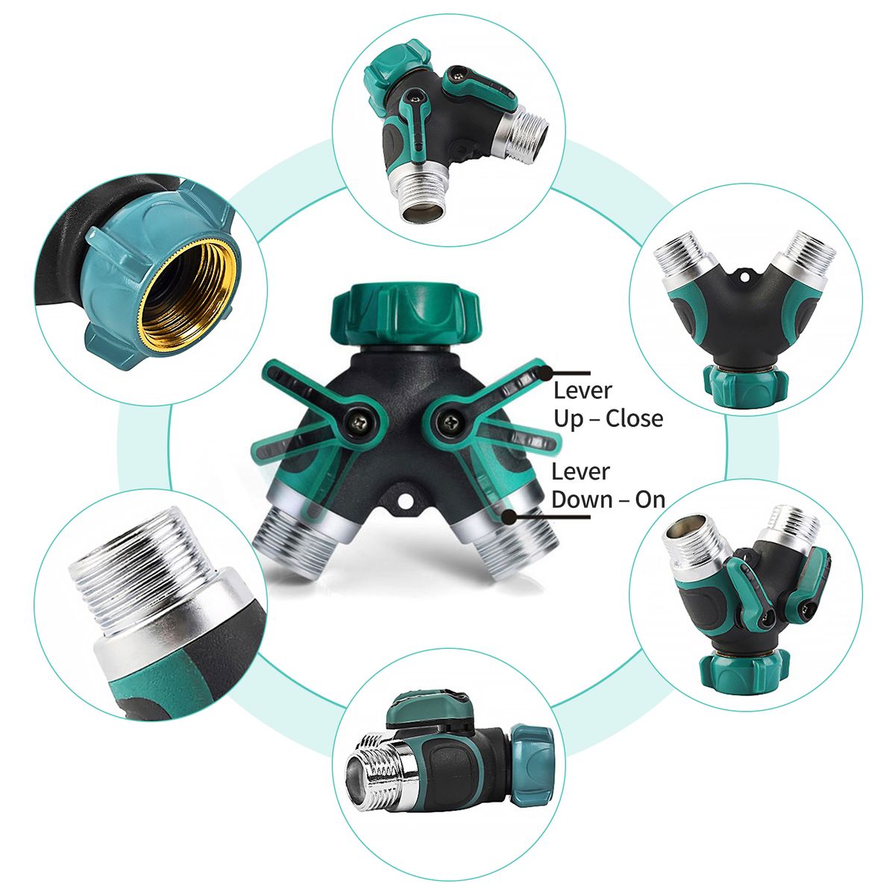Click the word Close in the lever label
point(634,418)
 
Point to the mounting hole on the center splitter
point(405,501)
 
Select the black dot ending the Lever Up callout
point(546,372)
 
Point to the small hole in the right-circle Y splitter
point(745,277)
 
